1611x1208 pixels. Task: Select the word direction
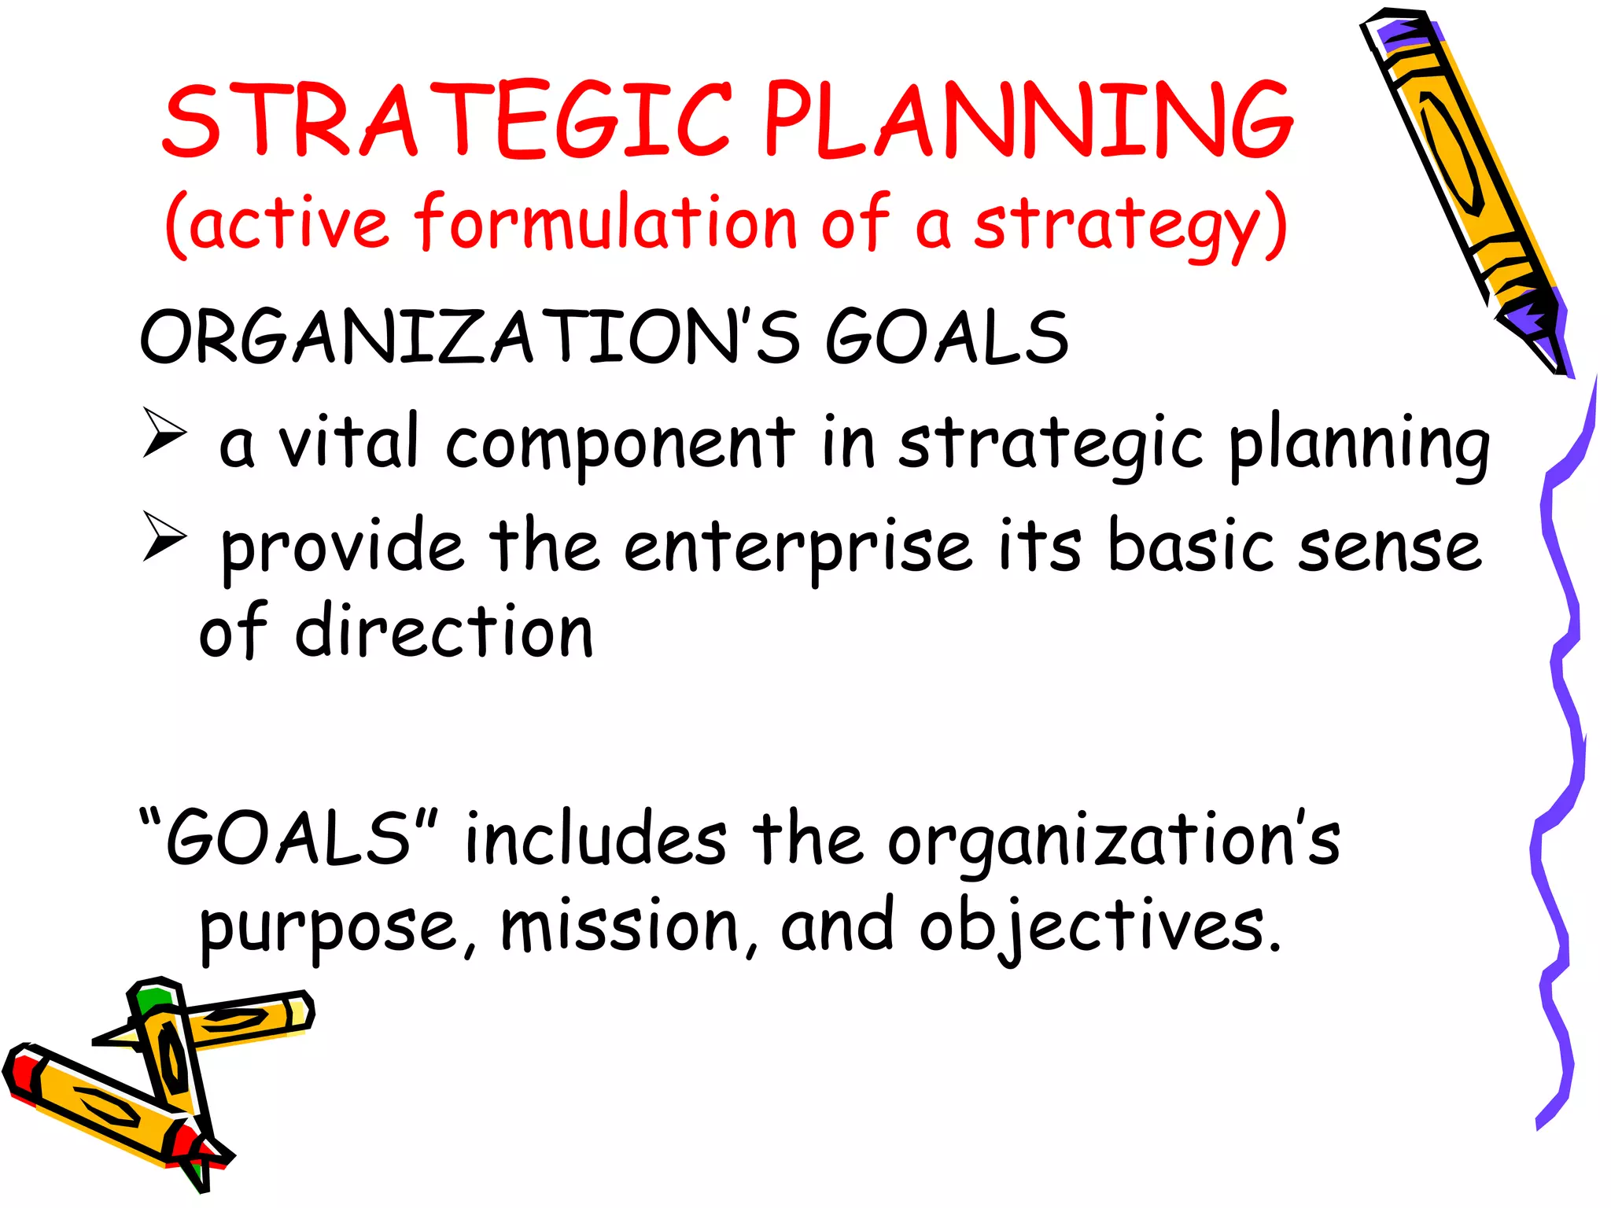444,632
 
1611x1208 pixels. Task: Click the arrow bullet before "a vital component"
165,432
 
